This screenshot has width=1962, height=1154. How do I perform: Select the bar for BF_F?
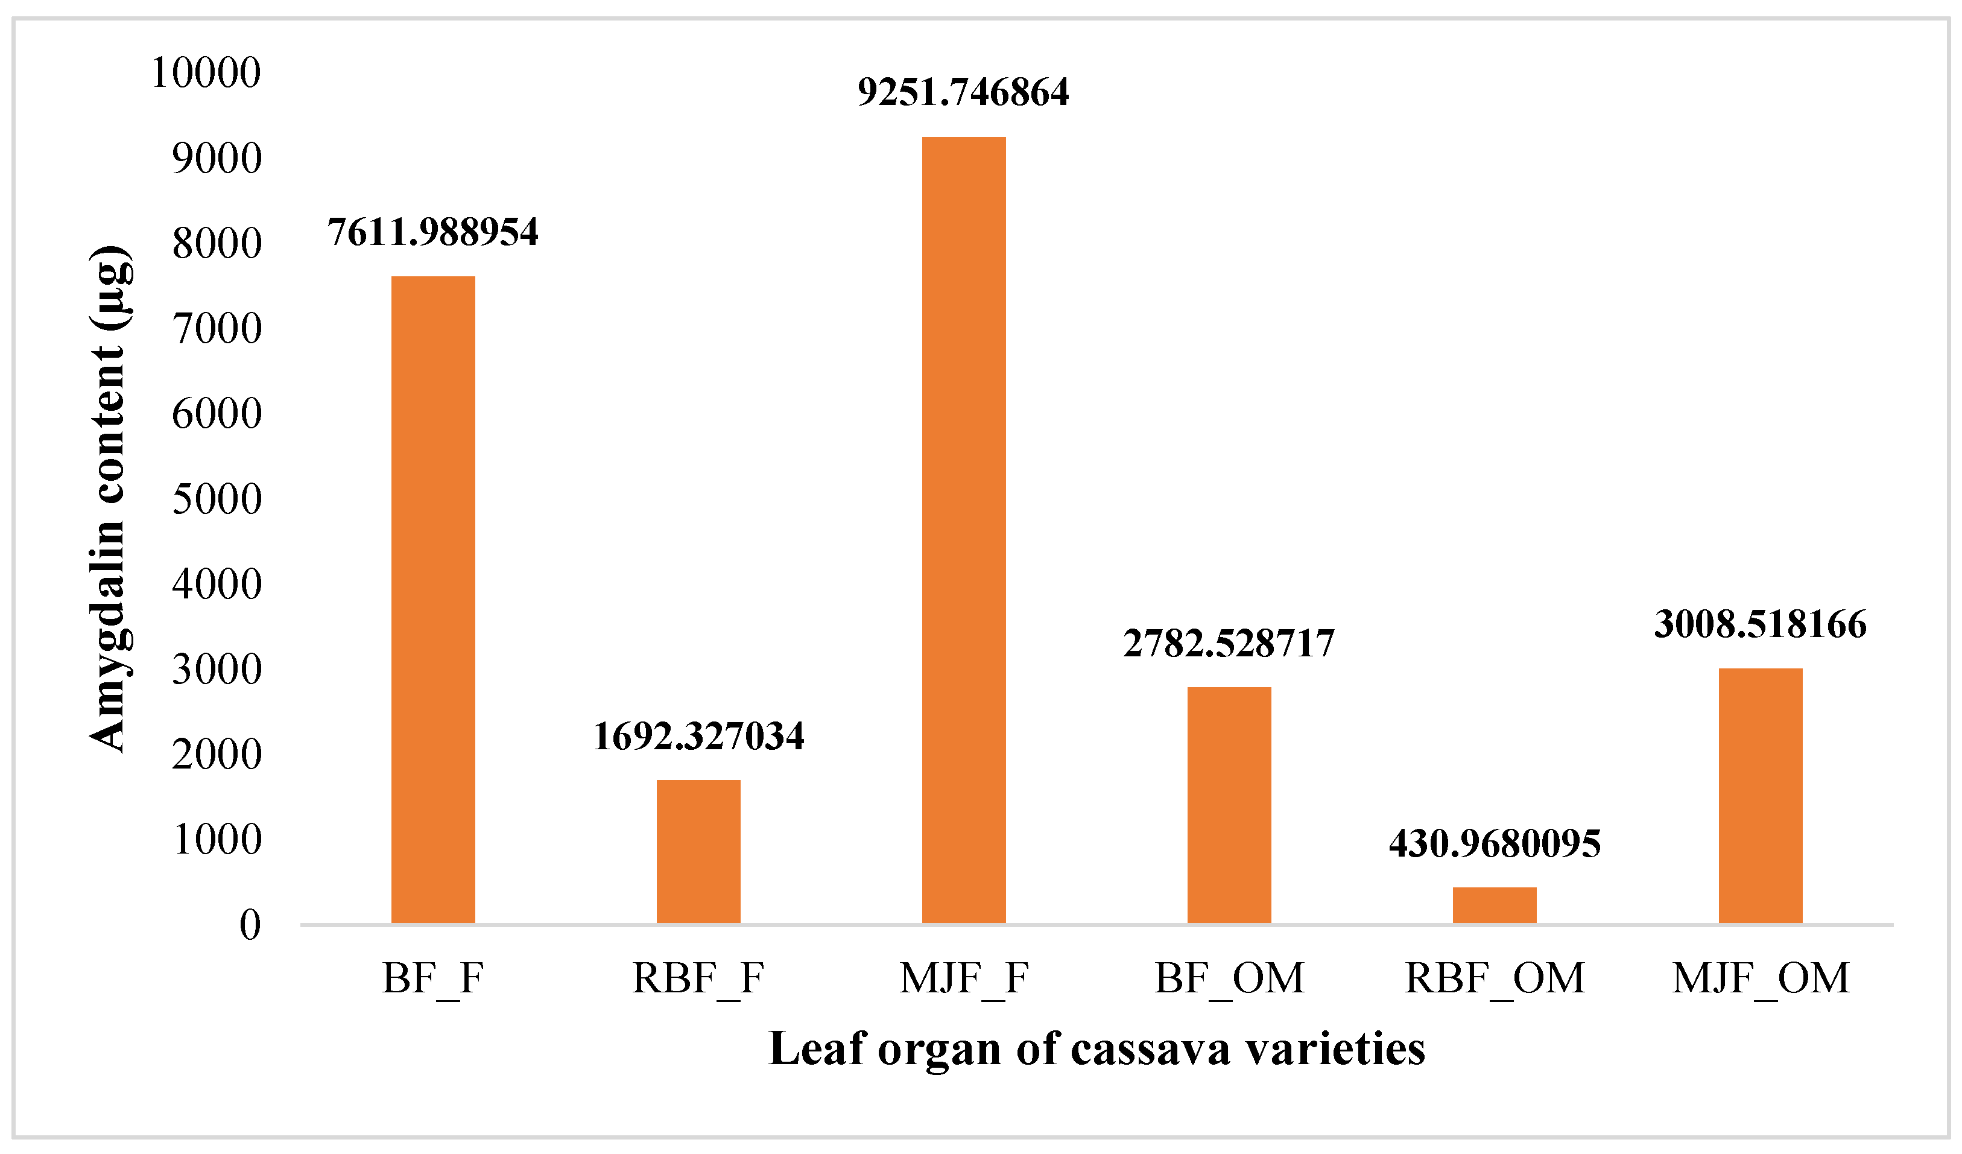[433, 600]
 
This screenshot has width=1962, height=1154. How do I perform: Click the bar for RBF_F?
[698, 851]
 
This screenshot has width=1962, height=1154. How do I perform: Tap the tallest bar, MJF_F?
[964, 530]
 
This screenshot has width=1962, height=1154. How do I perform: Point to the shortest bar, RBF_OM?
[1495, 905]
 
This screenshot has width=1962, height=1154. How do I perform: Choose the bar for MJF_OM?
[1761, 795]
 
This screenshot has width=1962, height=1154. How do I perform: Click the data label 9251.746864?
[964, 92]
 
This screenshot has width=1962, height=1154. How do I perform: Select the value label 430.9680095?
[1495, 843]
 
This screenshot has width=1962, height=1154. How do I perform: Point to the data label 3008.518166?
[1761, 624]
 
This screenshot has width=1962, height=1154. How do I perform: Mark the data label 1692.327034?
[698, 736]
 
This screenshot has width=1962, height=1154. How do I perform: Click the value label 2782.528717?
[1229, 643]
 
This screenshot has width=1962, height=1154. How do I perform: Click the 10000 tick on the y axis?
[206, 73]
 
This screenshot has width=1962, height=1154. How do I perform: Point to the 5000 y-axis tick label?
[217, 499]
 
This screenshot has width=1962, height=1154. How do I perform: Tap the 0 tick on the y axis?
[250, 925]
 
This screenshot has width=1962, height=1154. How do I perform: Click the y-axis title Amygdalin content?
[109, 498]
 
